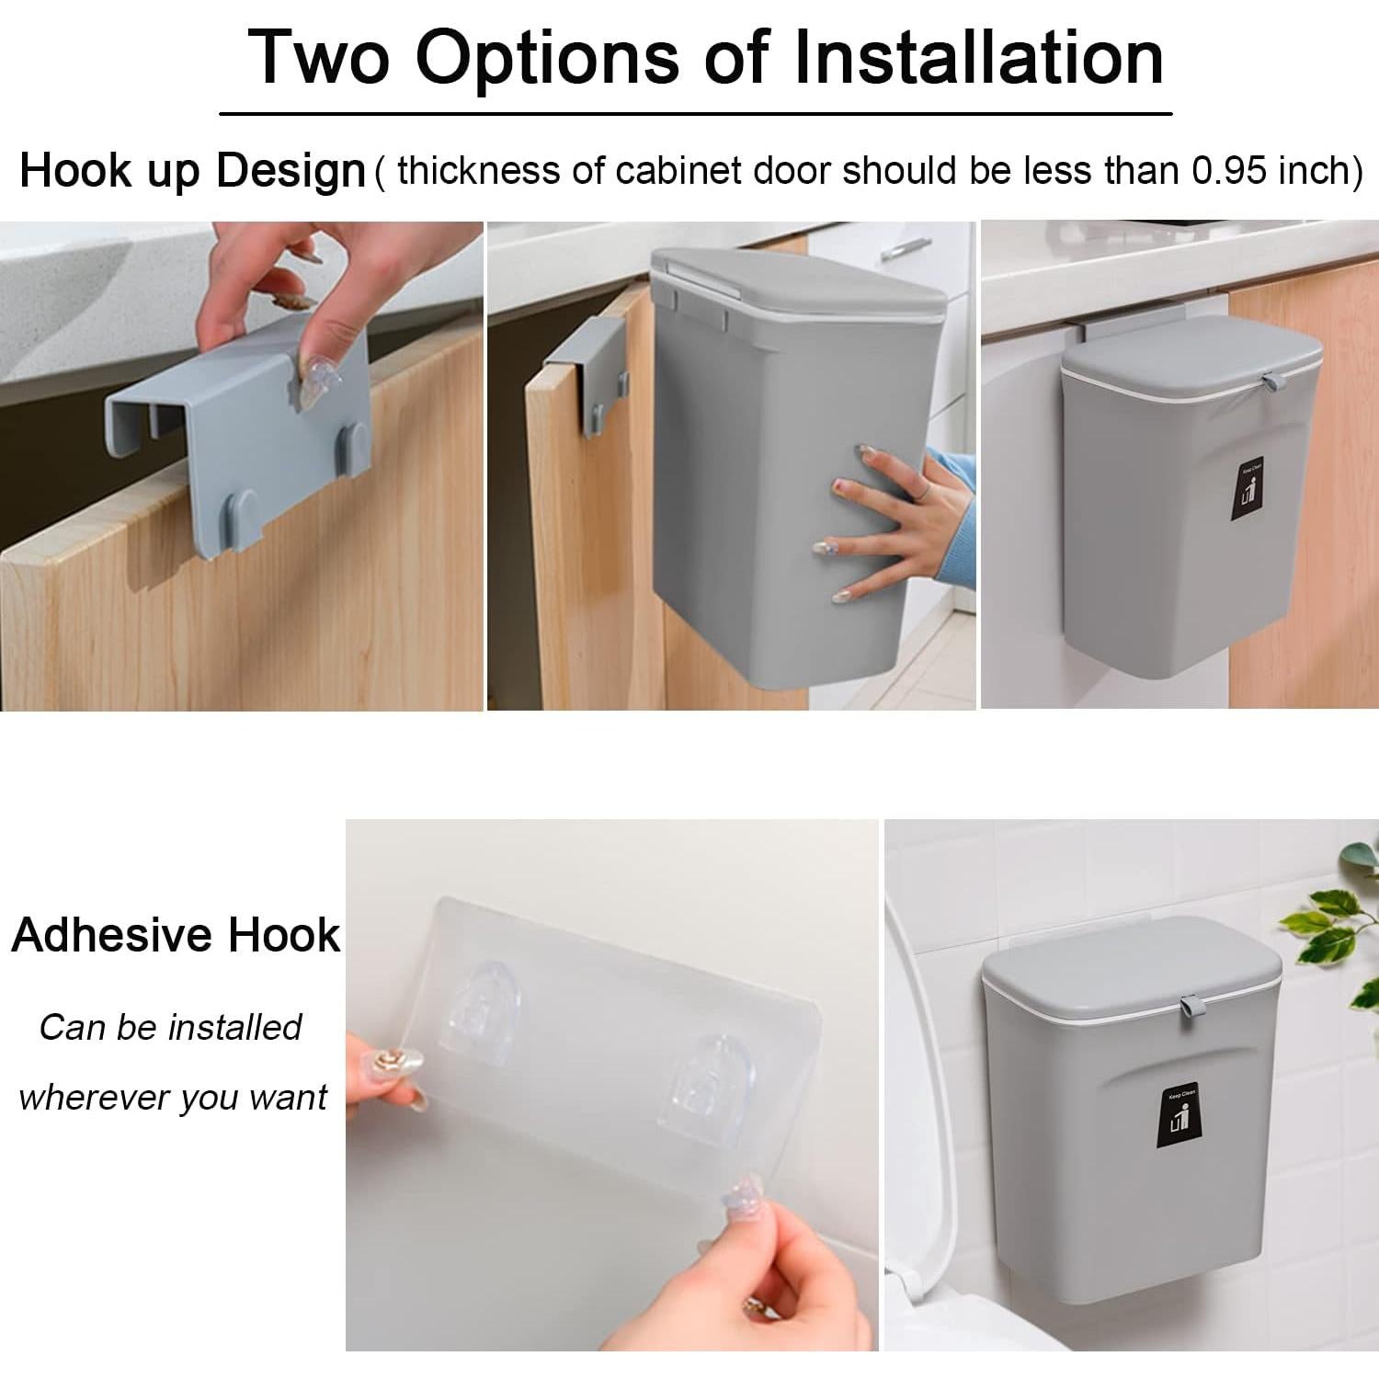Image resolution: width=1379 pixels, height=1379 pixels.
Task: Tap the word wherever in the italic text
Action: (93, 1098)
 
